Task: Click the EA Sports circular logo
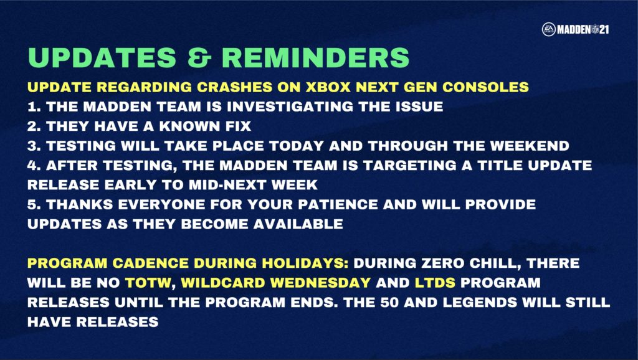click(x=548, y=29)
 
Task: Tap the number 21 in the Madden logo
click(x=604, y=29)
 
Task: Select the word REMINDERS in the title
click(x=315, y=58)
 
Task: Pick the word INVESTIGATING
click(x=284, y=107)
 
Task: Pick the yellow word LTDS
click(x=435, y=282)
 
